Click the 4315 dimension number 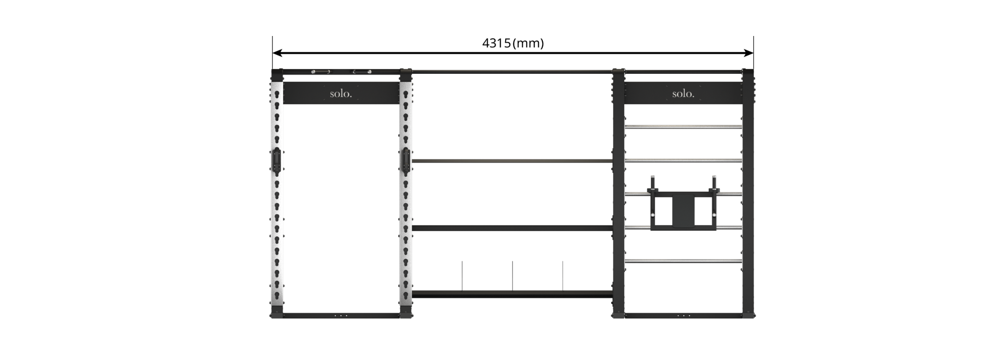click(496, 43)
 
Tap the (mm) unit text click(528, 43)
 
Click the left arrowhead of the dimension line click(277, 53)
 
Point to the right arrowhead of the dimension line click(748, 53)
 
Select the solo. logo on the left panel click(341, 94)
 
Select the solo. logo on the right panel click(683, 94)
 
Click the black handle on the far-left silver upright click(276, 161)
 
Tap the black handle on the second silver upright click(405, 161)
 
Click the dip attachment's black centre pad click(683, 211)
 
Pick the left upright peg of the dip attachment click(653, 183)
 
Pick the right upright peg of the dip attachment click(714, 183)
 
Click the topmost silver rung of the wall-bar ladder click(683, 127)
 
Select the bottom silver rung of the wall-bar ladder click(683, 261)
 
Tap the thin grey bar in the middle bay click(512, 161)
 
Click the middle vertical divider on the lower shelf click(513, 276)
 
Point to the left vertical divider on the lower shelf click(462, 276)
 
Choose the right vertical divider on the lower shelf click(563, 276)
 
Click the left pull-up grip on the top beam click(320, 72)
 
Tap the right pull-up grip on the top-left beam click(363, 72)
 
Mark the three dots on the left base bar click(341, 315)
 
